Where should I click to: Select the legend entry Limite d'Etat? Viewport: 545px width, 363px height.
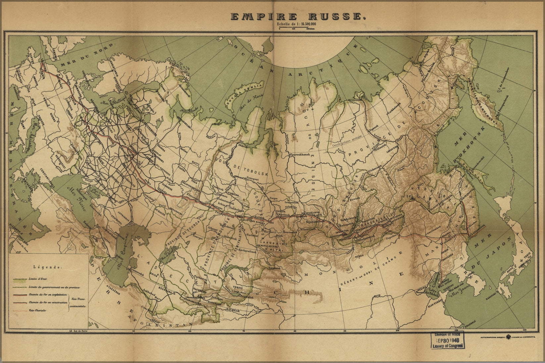(x=38, y=279)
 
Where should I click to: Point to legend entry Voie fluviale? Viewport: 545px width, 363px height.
(x=38, y=310)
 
